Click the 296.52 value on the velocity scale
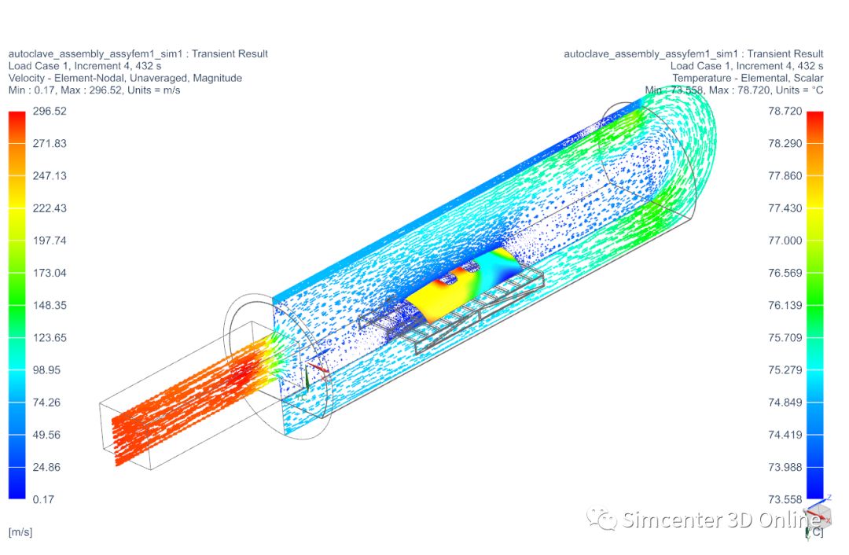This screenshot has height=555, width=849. click(50, 112)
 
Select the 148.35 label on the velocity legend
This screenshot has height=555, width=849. click(50, 305)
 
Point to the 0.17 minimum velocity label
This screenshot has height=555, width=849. click(43, 499)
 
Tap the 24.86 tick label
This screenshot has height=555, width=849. click(46, 467)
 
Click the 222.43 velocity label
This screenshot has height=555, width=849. click(50, 208)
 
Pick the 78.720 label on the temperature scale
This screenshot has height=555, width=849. click(785, 112)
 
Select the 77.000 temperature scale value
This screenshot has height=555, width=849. click(785, 241)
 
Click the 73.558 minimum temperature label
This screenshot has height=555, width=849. click(785, 499)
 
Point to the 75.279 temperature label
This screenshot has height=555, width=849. click(785, 369)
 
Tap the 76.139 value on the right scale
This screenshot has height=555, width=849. click(785, 305)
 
